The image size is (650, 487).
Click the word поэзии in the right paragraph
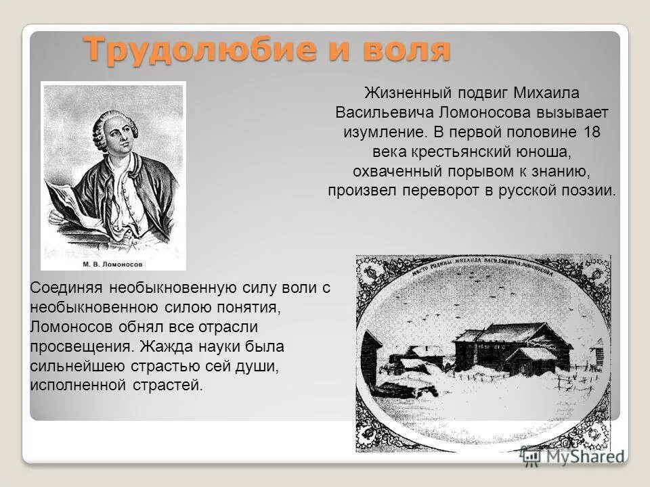[x=589, y=190]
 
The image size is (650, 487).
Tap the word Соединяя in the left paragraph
[x=62, y=288]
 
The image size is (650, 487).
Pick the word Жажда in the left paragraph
[x=171, y=347]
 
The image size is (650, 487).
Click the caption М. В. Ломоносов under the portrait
[x=113, y=264]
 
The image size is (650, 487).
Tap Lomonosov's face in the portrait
[x=117, y=132]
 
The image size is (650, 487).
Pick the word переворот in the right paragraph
[x=443, y=190]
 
